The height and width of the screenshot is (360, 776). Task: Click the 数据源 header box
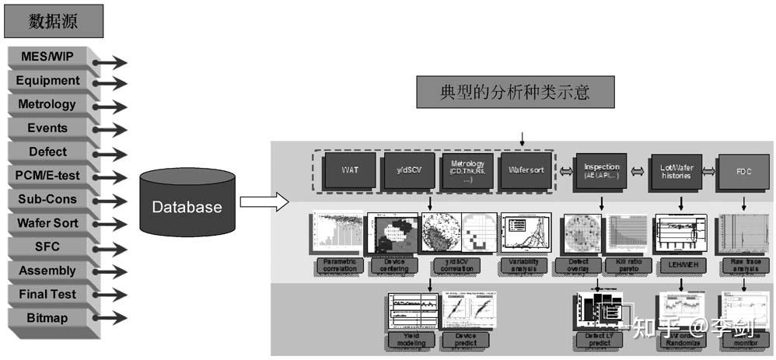coord(53,21)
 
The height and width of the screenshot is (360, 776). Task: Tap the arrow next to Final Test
coord(110,295)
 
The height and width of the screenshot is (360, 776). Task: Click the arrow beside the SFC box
coord(110,248)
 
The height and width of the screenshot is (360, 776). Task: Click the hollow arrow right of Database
coord(258,203)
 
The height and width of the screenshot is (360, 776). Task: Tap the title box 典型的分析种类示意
coord(516,93)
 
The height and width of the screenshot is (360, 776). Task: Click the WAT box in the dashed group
coord(349,169)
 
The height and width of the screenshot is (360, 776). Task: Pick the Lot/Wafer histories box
coord(675,169)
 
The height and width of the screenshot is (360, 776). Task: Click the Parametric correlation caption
coord(340,265)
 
